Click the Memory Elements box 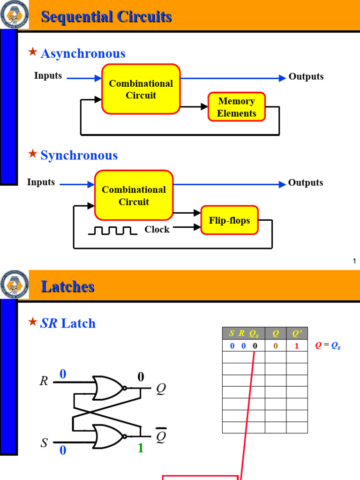[237, 107]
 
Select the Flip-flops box [230, 220]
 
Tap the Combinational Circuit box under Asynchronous [141, 89]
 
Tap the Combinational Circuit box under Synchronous [134, 195]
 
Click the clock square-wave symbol [113, 230]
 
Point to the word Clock [157, 229]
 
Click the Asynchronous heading [83, 53]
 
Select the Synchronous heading [79, 155]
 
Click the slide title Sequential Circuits [106, 17]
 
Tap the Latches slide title [68, 286]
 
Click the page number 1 [355, 261]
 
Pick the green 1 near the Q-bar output [140, 449]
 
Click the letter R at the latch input [44, 381]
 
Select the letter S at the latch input [44, 443]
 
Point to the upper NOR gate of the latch [109, 388]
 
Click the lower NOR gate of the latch [109, 436]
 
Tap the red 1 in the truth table [297, 346]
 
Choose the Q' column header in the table [297, 333]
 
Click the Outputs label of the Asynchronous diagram [306, 76]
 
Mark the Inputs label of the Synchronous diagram [41, 182]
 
